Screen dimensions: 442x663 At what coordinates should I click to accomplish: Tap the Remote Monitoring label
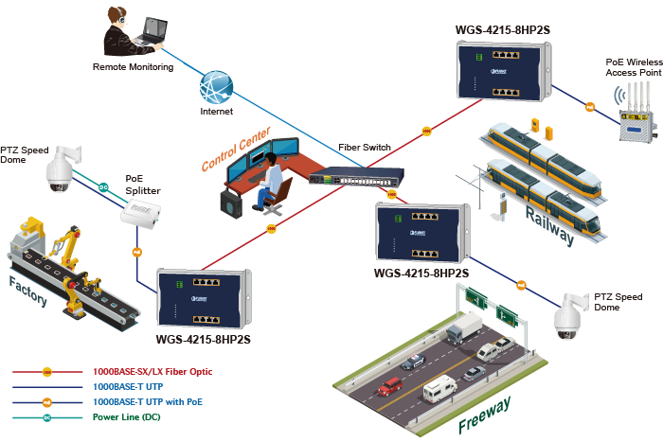pyautogui.click(x=133, y=67)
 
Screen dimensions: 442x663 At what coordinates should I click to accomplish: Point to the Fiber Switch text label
pyautogui.click(x=364, y=148)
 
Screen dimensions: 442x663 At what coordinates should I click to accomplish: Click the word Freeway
pyautogui.click(x=484, y=415)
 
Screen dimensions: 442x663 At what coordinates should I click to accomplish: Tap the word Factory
pyautogui.click(x=28, y=290)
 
